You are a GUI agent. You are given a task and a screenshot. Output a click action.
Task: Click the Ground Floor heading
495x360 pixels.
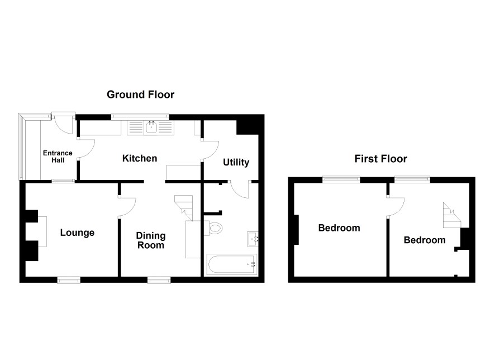pos(140,94)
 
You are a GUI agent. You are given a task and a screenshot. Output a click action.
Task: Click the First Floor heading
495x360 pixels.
pos(380,159)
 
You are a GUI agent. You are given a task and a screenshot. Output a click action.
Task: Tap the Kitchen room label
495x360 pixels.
pos(140,158)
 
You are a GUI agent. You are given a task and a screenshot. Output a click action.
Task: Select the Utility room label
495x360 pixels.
pos(236,162)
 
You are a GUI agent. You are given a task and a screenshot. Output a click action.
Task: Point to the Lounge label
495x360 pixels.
pos(77,233)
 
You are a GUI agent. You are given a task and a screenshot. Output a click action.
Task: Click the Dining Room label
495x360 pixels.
pos(151,240)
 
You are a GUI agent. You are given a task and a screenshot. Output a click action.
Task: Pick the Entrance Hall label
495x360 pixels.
pos(58,157)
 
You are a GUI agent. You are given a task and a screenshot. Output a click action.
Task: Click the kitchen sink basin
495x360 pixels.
pos(152,127)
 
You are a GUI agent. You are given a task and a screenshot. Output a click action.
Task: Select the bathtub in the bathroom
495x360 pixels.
pos(231,264)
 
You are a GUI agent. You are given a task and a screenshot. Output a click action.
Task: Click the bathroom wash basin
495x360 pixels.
pos(253,239)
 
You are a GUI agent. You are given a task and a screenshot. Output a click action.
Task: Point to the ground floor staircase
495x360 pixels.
pos(184,207)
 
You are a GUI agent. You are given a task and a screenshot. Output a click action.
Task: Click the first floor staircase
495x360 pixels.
pos(452,215)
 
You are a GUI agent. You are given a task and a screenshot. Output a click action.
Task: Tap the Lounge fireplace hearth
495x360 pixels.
pos(42,231)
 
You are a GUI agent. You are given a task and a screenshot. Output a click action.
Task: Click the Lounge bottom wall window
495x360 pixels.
pos(69,280)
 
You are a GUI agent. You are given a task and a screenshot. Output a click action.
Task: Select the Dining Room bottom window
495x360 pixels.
pos(159,280)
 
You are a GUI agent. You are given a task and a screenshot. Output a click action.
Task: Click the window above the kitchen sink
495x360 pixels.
pos(140,116)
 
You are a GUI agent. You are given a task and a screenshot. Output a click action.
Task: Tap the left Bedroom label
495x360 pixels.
pos(339,228)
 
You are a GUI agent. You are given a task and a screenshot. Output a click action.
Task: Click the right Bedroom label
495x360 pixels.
pos(425,240)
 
